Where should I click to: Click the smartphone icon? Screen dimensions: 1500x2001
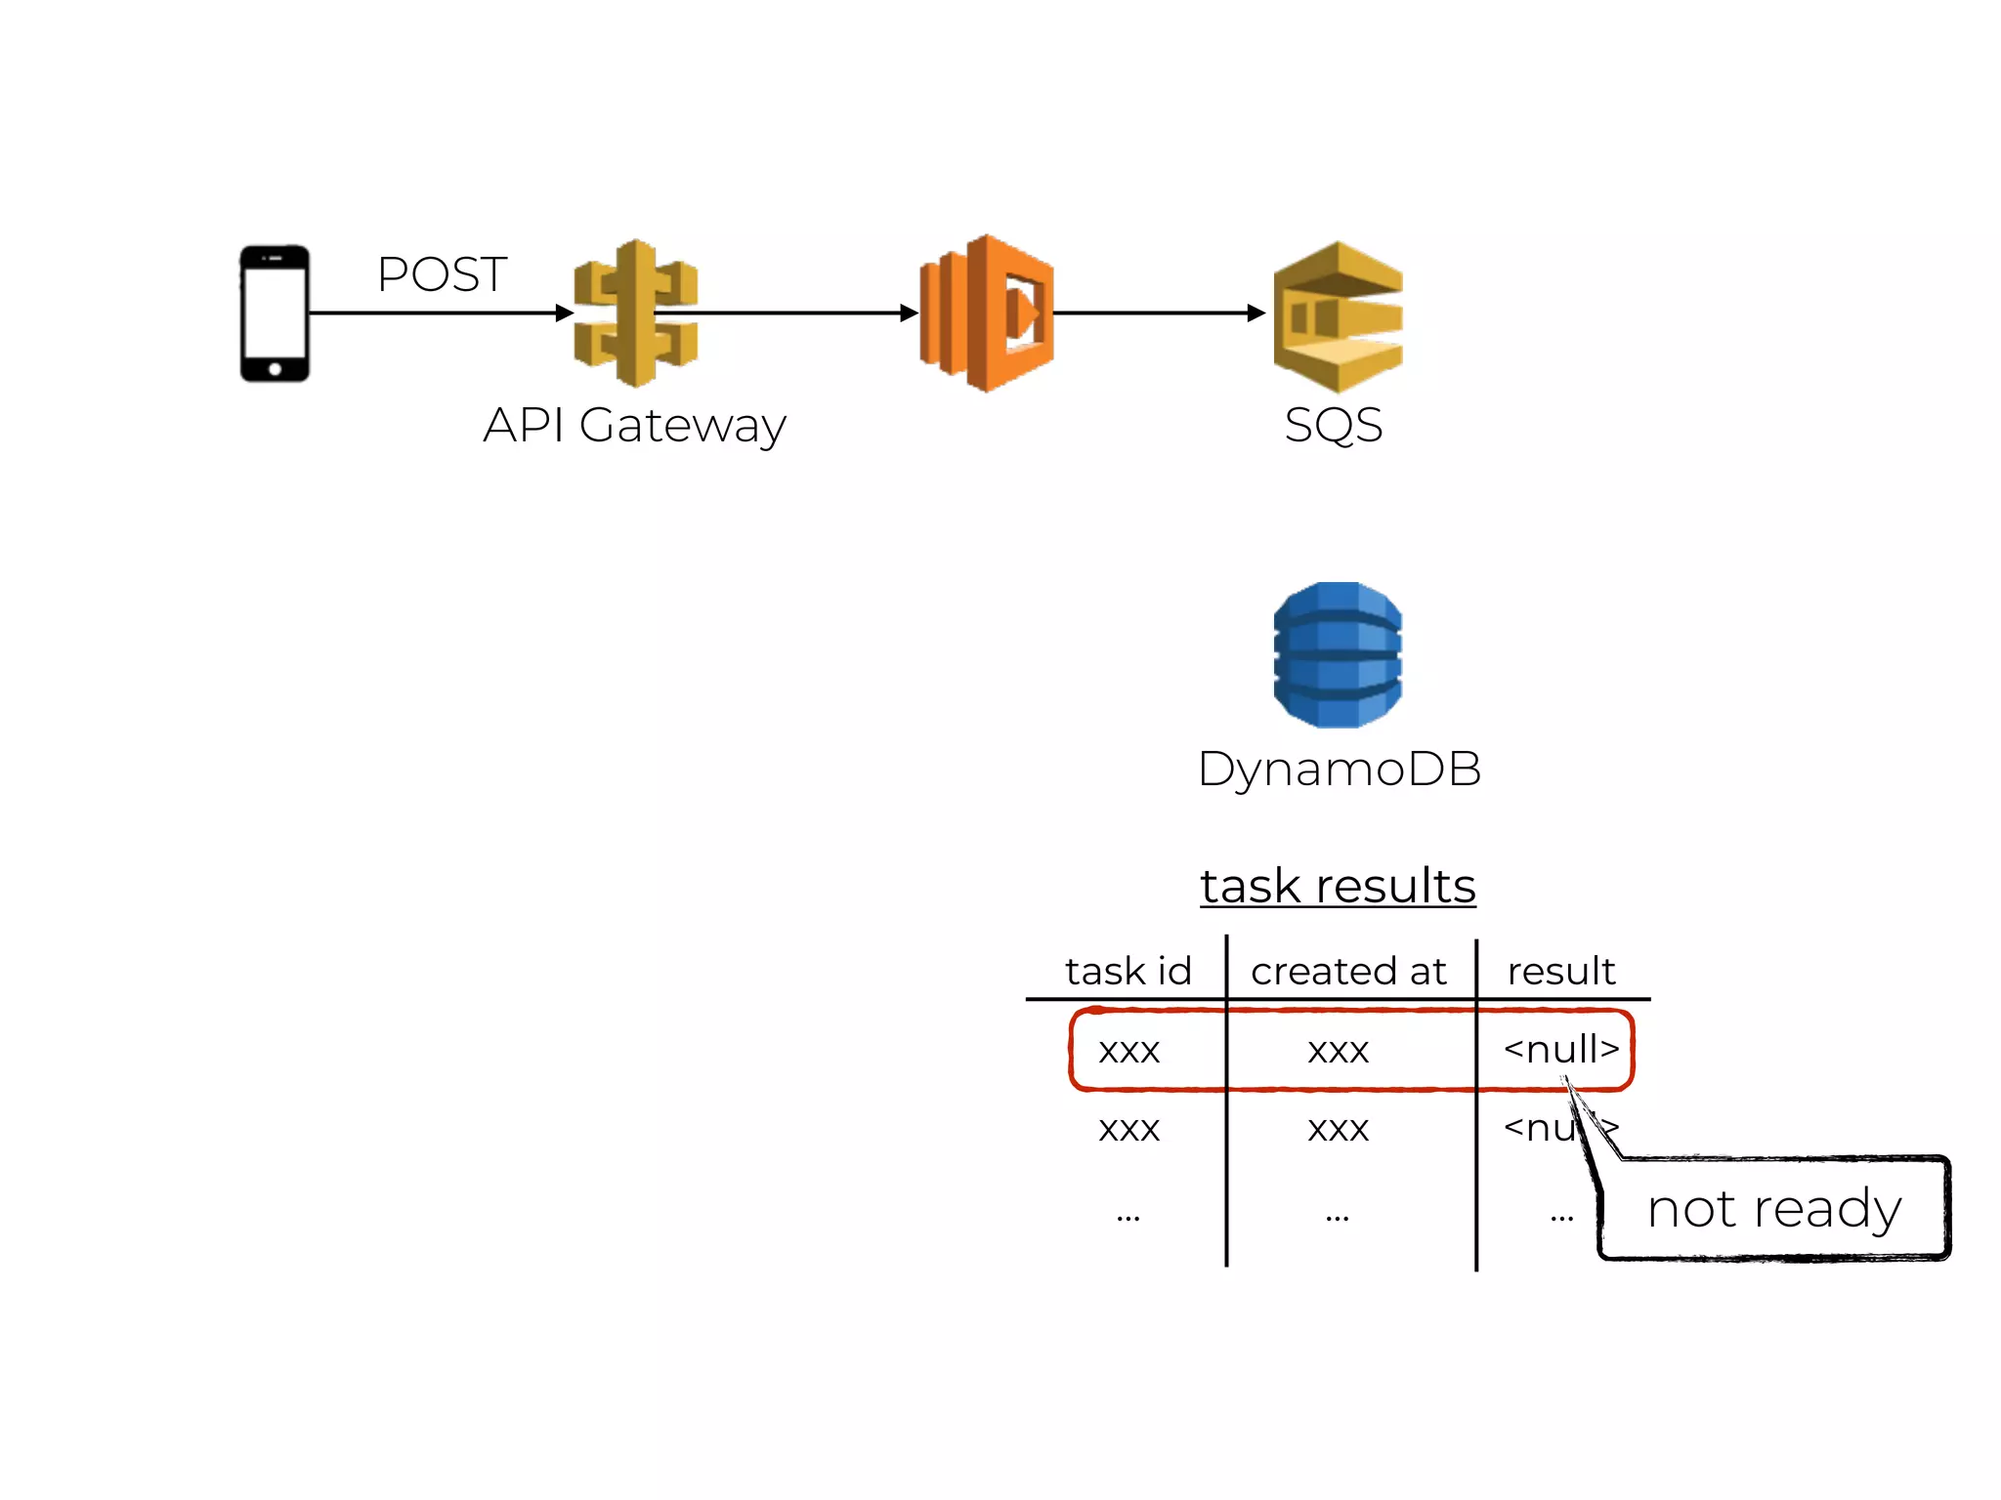275,312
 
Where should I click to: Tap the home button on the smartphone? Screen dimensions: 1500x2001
275,369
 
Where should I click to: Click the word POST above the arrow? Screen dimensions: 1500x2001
442,274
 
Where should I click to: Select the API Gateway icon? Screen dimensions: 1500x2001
636,312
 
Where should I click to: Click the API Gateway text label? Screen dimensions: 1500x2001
634,426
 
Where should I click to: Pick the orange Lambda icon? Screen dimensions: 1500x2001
987,312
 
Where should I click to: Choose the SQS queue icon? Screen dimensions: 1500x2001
1338,315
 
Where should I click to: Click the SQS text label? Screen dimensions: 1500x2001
1333,425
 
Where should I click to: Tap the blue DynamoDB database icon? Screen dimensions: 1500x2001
1338,654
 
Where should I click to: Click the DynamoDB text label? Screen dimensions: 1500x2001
1339,770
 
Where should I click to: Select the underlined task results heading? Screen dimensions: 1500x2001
1338,886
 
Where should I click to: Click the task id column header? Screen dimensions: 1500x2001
1128,972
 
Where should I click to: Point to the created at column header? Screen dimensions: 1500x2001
1348,972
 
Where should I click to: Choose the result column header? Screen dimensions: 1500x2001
1560,972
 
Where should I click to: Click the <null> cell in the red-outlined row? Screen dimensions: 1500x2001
1560,1050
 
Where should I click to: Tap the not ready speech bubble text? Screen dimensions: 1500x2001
1773,1209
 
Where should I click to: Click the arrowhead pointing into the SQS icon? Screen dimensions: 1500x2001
1256,312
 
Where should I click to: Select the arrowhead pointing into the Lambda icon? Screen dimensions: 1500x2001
909,312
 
